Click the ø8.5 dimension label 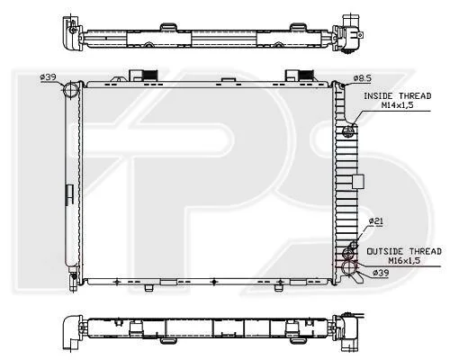[362, 78]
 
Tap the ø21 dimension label [376, 221]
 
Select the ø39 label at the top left [48, 77]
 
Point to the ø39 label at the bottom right [381, 273]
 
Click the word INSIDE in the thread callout [378, 96]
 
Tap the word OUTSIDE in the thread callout [386, 251]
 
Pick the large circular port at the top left [71, 89]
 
